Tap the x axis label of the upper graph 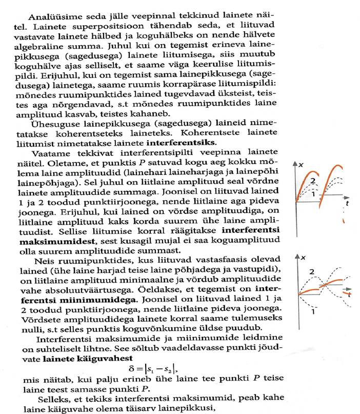click(302, 164)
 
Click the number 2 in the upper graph click(311, 180)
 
